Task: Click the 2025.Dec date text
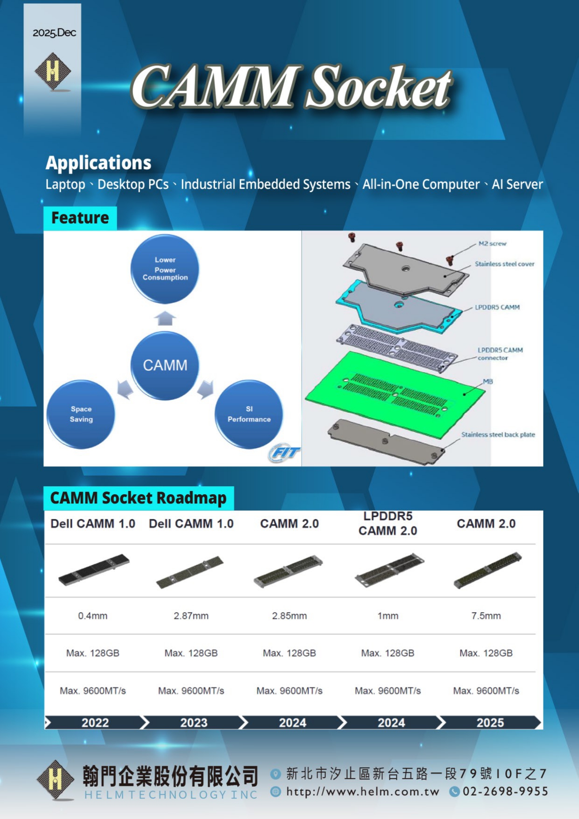click(54, 33)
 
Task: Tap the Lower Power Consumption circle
click(165, 269)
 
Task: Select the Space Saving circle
click(81, 414)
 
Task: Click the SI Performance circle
click(249, 414)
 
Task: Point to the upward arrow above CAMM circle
click(165, 318)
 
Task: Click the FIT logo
click(284, 453)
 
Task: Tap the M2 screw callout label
click(492, 244)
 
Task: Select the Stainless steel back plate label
click(498, 434)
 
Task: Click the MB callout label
click(488, 381)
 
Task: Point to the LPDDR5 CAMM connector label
click(500, 354)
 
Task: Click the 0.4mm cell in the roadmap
click(92, 616)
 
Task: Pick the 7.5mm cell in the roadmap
click(486, 616)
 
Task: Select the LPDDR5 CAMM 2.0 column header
click(388, 524)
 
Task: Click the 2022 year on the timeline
click(95, 722)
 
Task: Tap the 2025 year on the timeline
click(490, 722)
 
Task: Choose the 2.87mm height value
click(191, 616)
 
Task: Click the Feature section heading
click(80, 218)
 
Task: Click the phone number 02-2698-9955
click(505, 791)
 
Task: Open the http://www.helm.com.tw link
click(363, 791)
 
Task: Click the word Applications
click(99, 163)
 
